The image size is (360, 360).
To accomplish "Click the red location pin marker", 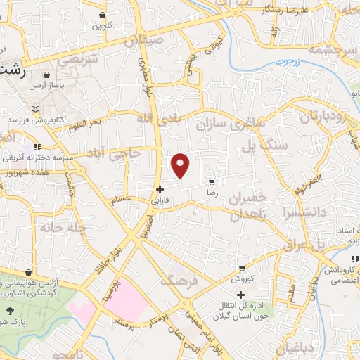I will click(181, 165).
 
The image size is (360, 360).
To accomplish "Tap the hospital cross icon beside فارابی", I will click(160, 189).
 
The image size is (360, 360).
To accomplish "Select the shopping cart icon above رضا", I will click(211, 181).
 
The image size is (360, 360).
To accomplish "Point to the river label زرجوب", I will click(286, 61).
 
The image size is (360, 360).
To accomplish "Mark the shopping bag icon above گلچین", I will click(102, 15).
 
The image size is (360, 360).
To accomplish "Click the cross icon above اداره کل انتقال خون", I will click(241, 295).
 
